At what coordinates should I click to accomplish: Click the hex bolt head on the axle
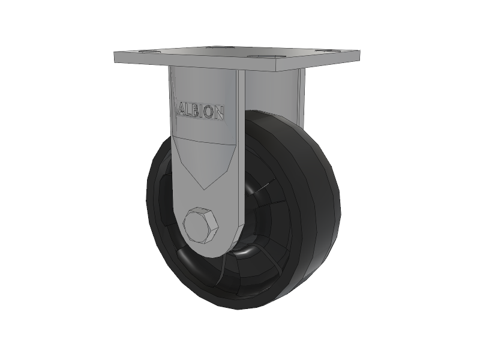point(200,226)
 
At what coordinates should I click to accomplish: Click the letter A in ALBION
point(183,110)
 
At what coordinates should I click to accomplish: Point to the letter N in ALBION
point(217,113)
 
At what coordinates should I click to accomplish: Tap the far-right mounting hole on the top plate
point(328,50)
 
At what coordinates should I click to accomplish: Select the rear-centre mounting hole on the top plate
point(218,47)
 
